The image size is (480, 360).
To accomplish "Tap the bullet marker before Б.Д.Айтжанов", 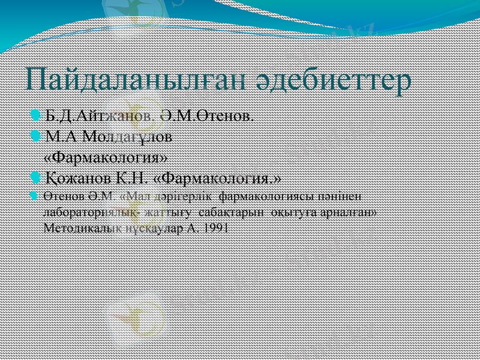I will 37,113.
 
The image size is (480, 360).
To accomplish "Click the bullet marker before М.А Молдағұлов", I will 37,136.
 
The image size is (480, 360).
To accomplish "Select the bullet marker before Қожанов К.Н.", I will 37,178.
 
